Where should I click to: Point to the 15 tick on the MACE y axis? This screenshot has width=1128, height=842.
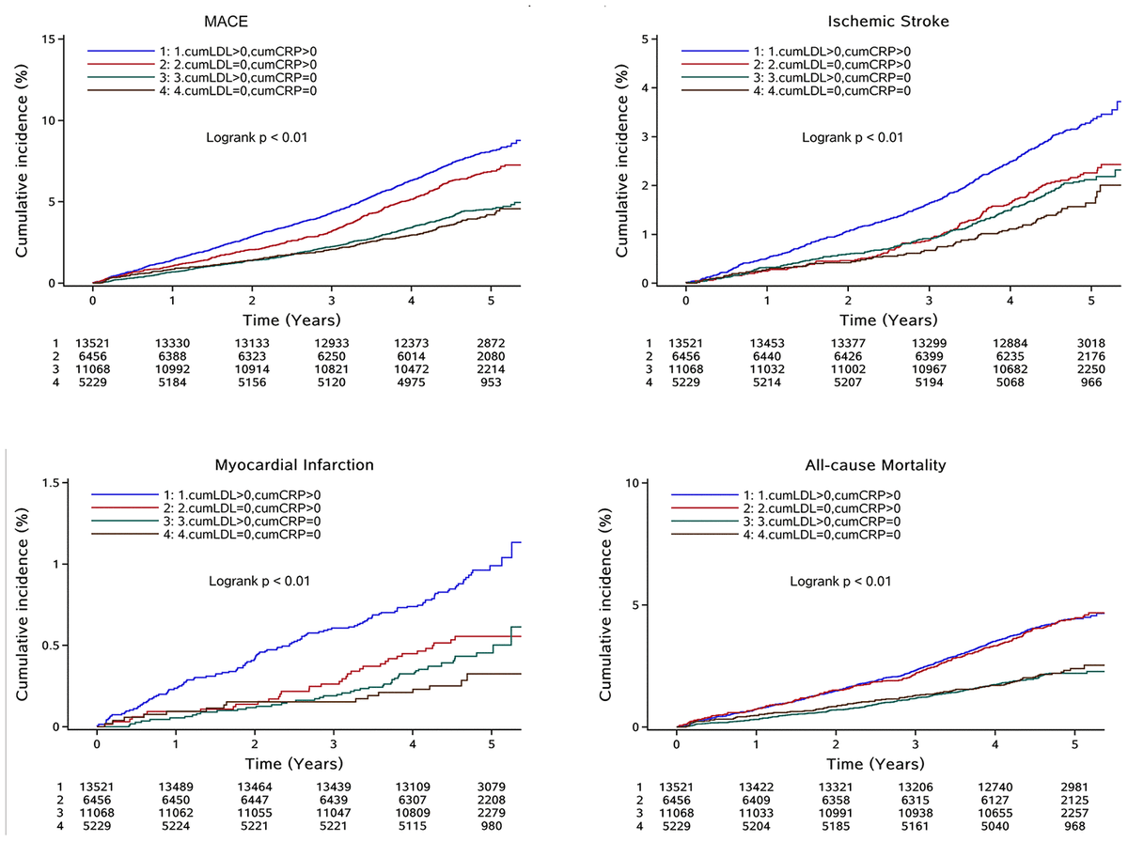57,39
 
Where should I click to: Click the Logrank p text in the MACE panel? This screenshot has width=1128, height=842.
258,137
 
